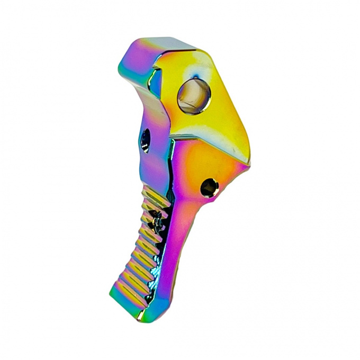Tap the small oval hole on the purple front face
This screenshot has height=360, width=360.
pos(146,138)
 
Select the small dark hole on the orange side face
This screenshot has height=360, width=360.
pos(209,186)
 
